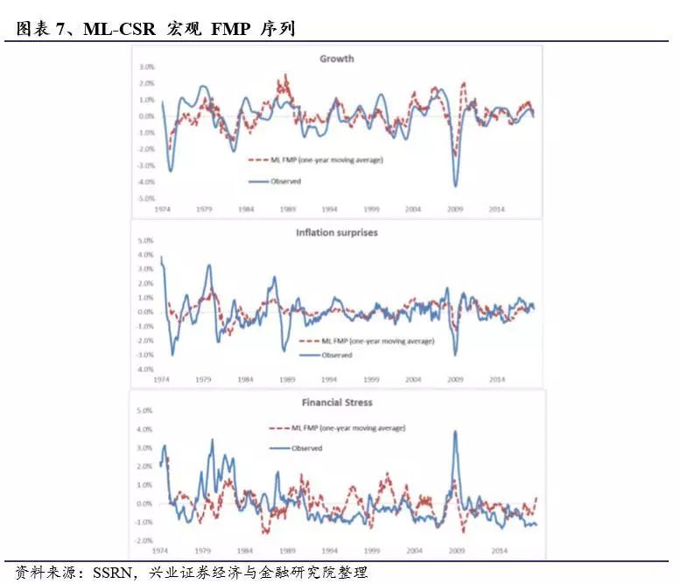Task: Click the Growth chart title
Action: (x=336, y=59)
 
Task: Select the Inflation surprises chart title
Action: (x=336, y=232)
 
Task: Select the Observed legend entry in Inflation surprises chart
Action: (x=336, y=355)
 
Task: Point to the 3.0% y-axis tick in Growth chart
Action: (x=145, y=67)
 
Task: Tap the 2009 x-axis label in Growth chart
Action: (x=454, y=210)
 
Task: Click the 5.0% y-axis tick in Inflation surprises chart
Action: (x=145, y=240)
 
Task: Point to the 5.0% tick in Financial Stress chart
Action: (x=145, y=411)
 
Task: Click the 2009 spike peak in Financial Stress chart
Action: (x=455, y=431)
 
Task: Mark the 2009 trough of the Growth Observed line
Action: (x=455, y=186)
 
